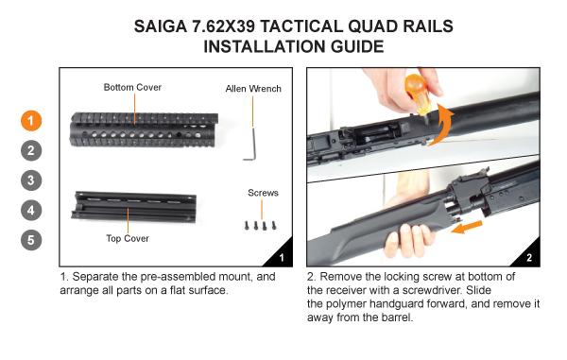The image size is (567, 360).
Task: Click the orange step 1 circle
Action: (32, 120)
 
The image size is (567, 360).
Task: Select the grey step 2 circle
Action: (32, 150)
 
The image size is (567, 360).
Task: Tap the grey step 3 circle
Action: (32, 180)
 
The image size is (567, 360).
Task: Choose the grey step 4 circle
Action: (32, 210)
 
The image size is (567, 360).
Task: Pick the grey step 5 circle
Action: (32, 240)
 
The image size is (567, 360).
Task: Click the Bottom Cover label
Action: (133, 87)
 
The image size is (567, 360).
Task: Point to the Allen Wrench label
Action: (253, 90)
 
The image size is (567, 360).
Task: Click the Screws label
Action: (262, 193)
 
